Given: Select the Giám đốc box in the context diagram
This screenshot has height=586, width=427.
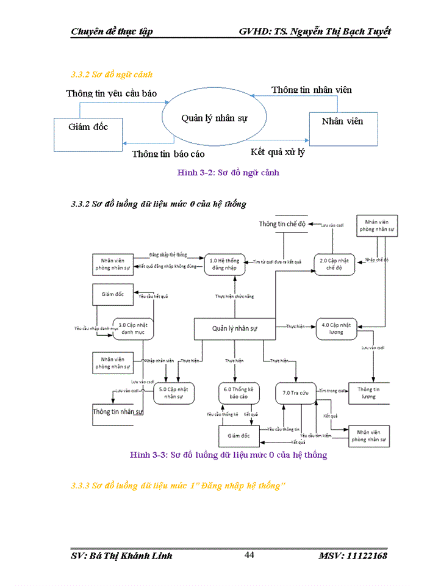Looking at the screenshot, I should click(x=88, y=127).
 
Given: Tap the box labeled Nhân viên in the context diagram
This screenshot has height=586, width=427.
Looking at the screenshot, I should click(x=342, y=121).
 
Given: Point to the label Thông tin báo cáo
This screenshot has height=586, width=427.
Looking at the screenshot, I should click(x=168, y=154).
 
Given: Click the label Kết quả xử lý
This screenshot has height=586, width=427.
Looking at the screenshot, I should click(x=278, y=152).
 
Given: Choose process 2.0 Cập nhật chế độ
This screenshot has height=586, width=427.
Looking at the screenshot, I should click(x=334, y=264).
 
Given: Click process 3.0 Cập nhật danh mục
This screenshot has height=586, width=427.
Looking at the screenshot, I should click(x=132, y=328).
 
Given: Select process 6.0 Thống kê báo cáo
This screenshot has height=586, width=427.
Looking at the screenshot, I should click(x=239, y=392).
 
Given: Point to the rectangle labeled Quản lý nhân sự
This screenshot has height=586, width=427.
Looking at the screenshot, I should click(x=235, y=328).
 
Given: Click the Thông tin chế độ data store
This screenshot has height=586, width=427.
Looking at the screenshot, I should click(x=282, y=224).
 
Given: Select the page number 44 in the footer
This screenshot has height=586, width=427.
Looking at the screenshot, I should click(x=249, y=555).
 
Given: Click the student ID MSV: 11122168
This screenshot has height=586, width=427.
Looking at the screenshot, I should click(x=352, y=555).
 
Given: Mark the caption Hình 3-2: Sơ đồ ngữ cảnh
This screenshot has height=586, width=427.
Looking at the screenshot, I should click(x=228, y=173).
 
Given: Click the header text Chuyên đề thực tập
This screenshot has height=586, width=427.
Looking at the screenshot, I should click(x=112, y=32).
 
